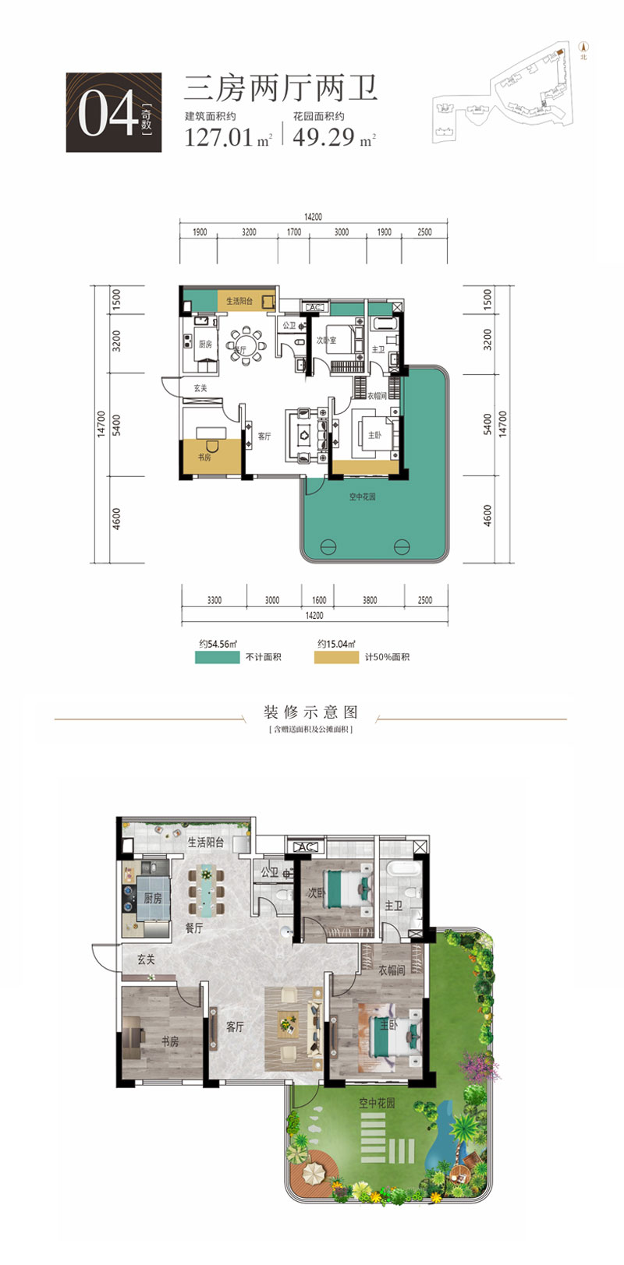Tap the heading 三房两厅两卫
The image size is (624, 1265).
tap(280, 89)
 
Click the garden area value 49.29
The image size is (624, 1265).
tap(324, 138)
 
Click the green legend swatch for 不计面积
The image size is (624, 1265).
tap(217, 657)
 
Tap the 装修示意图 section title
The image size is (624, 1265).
tap(310, 712)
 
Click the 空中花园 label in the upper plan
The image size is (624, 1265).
tap(362, 496)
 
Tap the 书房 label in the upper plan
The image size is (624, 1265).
tap(204, 458)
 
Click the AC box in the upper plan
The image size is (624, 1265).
tap(315, 308)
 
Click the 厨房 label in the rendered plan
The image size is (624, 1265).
tap(152, 898)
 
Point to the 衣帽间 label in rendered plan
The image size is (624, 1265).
tap(392, 970)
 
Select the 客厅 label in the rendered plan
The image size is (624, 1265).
tap(236, 1027)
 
